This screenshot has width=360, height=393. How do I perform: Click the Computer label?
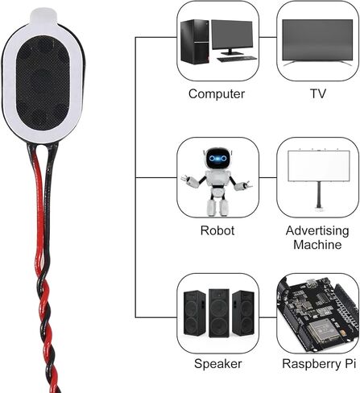tap(217, 94)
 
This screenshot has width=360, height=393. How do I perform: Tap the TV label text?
tap(318, 93)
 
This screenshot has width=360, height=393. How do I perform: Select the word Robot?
tap(217, 230)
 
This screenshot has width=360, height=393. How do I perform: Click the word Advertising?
tap(317, 230)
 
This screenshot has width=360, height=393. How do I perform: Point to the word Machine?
tap(317, 245)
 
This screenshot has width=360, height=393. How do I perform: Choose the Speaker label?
tap(217, 364)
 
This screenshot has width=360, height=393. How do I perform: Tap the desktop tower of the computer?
tap(195, 41)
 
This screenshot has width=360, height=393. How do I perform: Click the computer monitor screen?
tap(232, 35)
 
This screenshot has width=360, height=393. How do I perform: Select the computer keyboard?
tap(237, 59)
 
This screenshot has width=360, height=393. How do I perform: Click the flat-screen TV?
tap(317, 43)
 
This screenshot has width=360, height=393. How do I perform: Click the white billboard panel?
tap(319, 166)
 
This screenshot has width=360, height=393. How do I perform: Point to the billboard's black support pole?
tap(319, 195)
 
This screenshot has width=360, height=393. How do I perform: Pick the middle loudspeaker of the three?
tap(219, 313)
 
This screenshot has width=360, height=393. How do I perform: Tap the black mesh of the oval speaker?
tap(43, 83)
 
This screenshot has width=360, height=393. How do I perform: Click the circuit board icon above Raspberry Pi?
tap(318, 313)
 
